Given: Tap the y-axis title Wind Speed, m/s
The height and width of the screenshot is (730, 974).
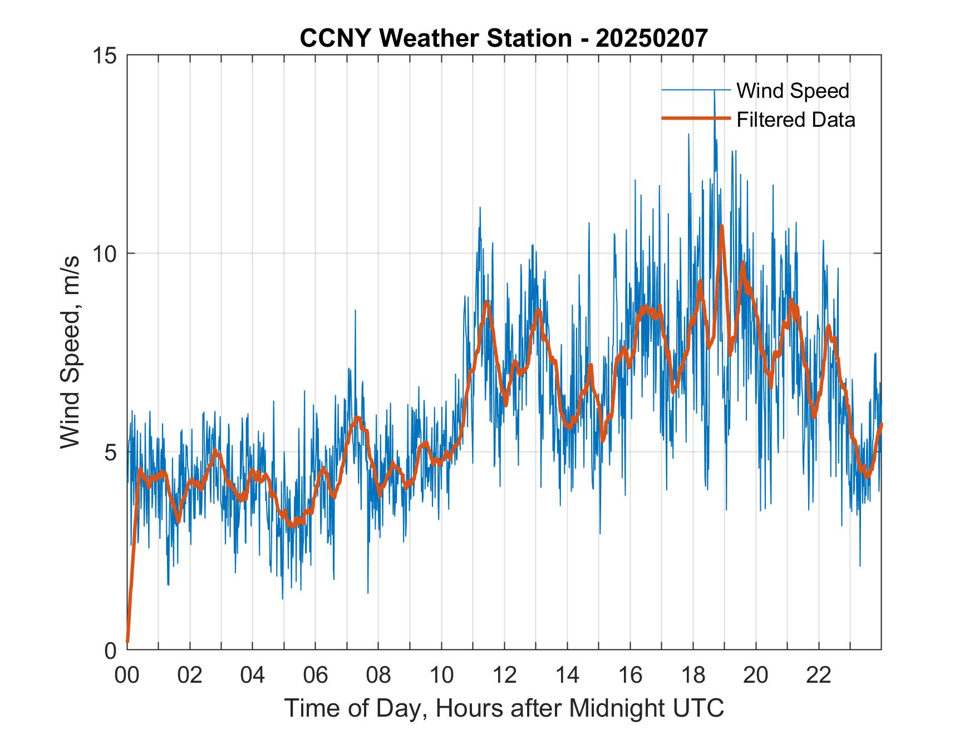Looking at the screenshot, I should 71,352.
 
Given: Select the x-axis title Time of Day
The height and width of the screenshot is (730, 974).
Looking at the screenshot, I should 504,708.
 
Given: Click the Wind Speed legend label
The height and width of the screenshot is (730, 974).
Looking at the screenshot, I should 793,91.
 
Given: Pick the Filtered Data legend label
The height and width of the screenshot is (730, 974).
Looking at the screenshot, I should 795,120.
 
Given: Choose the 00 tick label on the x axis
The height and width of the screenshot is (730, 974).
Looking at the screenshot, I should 127,675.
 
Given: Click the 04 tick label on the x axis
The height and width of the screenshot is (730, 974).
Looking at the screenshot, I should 253,675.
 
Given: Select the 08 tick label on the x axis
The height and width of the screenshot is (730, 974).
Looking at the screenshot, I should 378,675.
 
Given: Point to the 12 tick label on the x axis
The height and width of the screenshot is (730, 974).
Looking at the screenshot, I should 504,675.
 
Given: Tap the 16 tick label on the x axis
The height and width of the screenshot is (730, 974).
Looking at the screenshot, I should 630,675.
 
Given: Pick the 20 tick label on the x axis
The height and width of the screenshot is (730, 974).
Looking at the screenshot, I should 756,675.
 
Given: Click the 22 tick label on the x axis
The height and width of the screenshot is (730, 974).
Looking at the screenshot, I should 819,675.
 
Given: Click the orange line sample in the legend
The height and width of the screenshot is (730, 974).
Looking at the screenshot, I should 695,118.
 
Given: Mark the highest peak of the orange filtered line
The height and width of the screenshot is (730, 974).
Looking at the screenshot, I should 721,226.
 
